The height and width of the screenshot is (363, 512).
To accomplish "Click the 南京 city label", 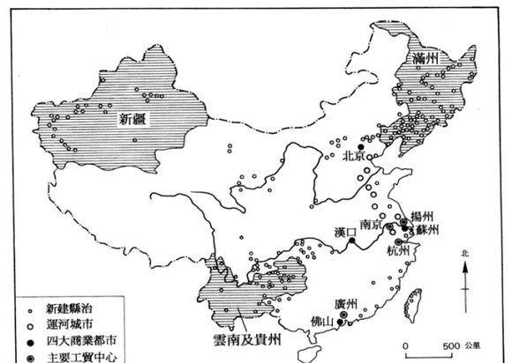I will (x=371, y=225).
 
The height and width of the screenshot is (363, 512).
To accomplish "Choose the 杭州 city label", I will (x=398, y=250).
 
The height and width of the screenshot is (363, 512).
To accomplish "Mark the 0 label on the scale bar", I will (x=407, y=344).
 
